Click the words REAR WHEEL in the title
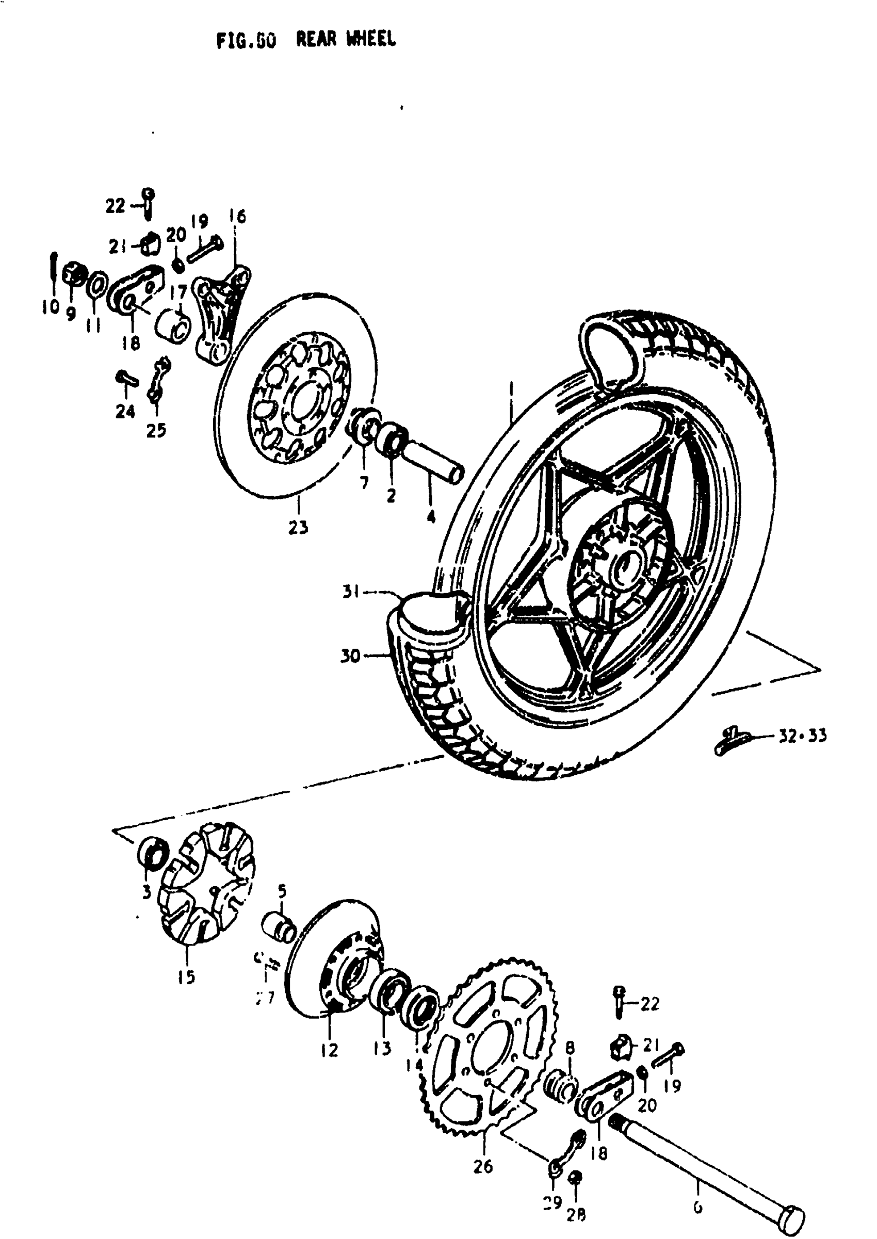(x=346, y=39)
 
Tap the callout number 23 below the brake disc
(x=298, y=528)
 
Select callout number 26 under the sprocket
(x=483, y=1166)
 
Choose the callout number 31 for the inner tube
(x=351, y=592)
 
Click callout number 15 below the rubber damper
(x=186, y=976)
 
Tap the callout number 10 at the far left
(x=50, y=307)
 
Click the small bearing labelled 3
(x=153, y=854)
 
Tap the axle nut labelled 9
(x=72, y=273)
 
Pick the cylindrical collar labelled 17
(x=173, y=325)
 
